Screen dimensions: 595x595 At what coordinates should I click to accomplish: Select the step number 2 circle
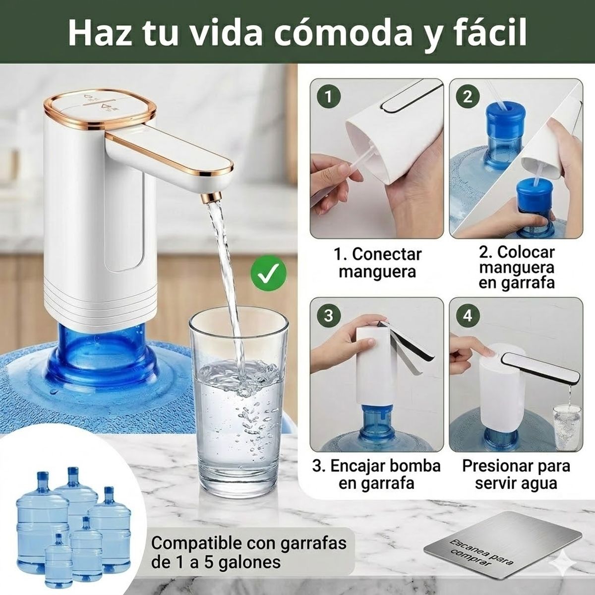[x=467, y=97]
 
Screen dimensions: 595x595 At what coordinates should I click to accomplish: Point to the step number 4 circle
[x=467, y=315]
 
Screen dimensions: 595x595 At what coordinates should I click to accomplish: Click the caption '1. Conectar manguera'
[x=377, y=263]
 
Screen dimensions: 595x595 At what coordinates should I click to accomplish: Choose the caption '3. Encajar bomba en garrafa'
[x=376, y=475]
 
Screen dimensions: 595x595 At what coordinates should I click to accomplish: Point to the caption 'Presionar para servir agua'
[x=516, y=475]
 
